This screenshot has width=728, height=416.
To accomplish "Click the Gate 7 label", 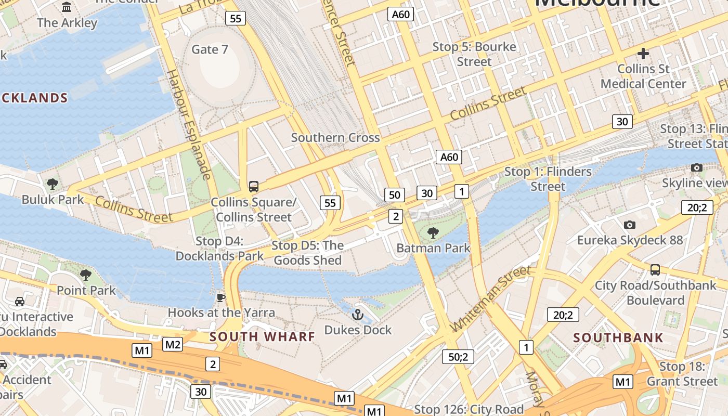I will (x=210, y=49).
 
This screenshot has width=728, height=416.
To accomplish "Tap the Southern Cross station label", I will (x=335, y=138).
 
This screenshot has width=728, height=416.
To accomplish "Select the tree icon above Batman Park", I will (x=433, y=232).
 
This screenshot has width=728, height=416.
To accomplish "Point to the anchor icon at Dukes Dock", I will (x=357, y=314).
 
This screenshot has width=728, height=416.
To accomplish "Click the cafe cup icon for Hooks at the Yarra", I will (x=221, y=297).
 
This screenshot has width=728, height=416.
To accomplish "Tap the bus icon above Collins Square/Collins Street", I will (x=254, y=186).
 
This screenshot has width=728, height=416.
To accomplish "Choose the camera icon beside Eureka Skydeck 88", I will (x=630, y=225).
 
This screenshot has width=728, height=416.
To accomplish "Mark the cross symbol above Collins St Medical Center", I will (x=643, y=53).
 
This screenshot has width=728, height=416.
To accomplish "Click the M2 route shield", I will (x=173, y=344).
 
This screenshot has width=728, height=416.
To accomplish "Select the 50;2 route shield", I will (x=458, y=357).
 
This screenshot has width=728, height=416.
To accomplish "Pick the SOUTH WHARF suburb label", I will (x=262, y=336).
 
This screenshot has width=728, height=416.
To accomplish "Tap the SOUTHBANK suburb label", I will (x=618, y=337).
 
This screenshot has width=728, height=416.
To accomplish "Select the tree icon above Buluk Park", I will (x=53, y=184).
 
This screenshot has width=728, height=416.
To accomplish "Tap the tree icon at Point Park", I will (x=86, y=275).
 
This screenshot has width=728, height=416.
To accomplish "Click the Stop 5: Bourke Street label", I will (x=474, y=54).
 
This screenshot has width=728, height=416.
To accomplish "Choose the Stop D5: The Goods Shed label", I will (x=308, y=253).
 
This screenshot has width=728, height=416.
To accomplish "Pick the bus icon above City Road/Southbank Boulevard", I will (x=655, y=269).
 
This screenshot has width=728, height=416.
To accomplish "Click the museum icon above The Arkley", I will (x=67, y=7).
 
